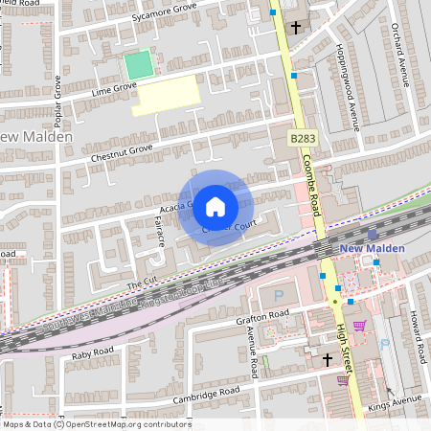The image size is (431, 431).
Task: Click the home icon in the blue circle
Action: (215, 206)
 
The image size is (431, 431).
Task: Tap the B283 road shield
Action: (303, 139)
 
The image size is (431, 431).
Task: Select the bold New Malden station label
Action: (374, 248)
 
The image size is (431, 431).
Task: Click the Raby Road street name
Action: (93, 353)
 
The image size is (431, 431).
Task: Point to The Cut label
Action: (140, 284)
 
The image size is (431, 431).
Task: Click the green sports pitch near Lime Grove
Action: (139, 65)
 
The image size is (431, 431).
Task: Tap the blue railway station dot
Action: (373, 235)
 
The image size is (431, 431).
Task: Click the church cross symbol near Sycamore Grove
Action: (295, 27)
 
